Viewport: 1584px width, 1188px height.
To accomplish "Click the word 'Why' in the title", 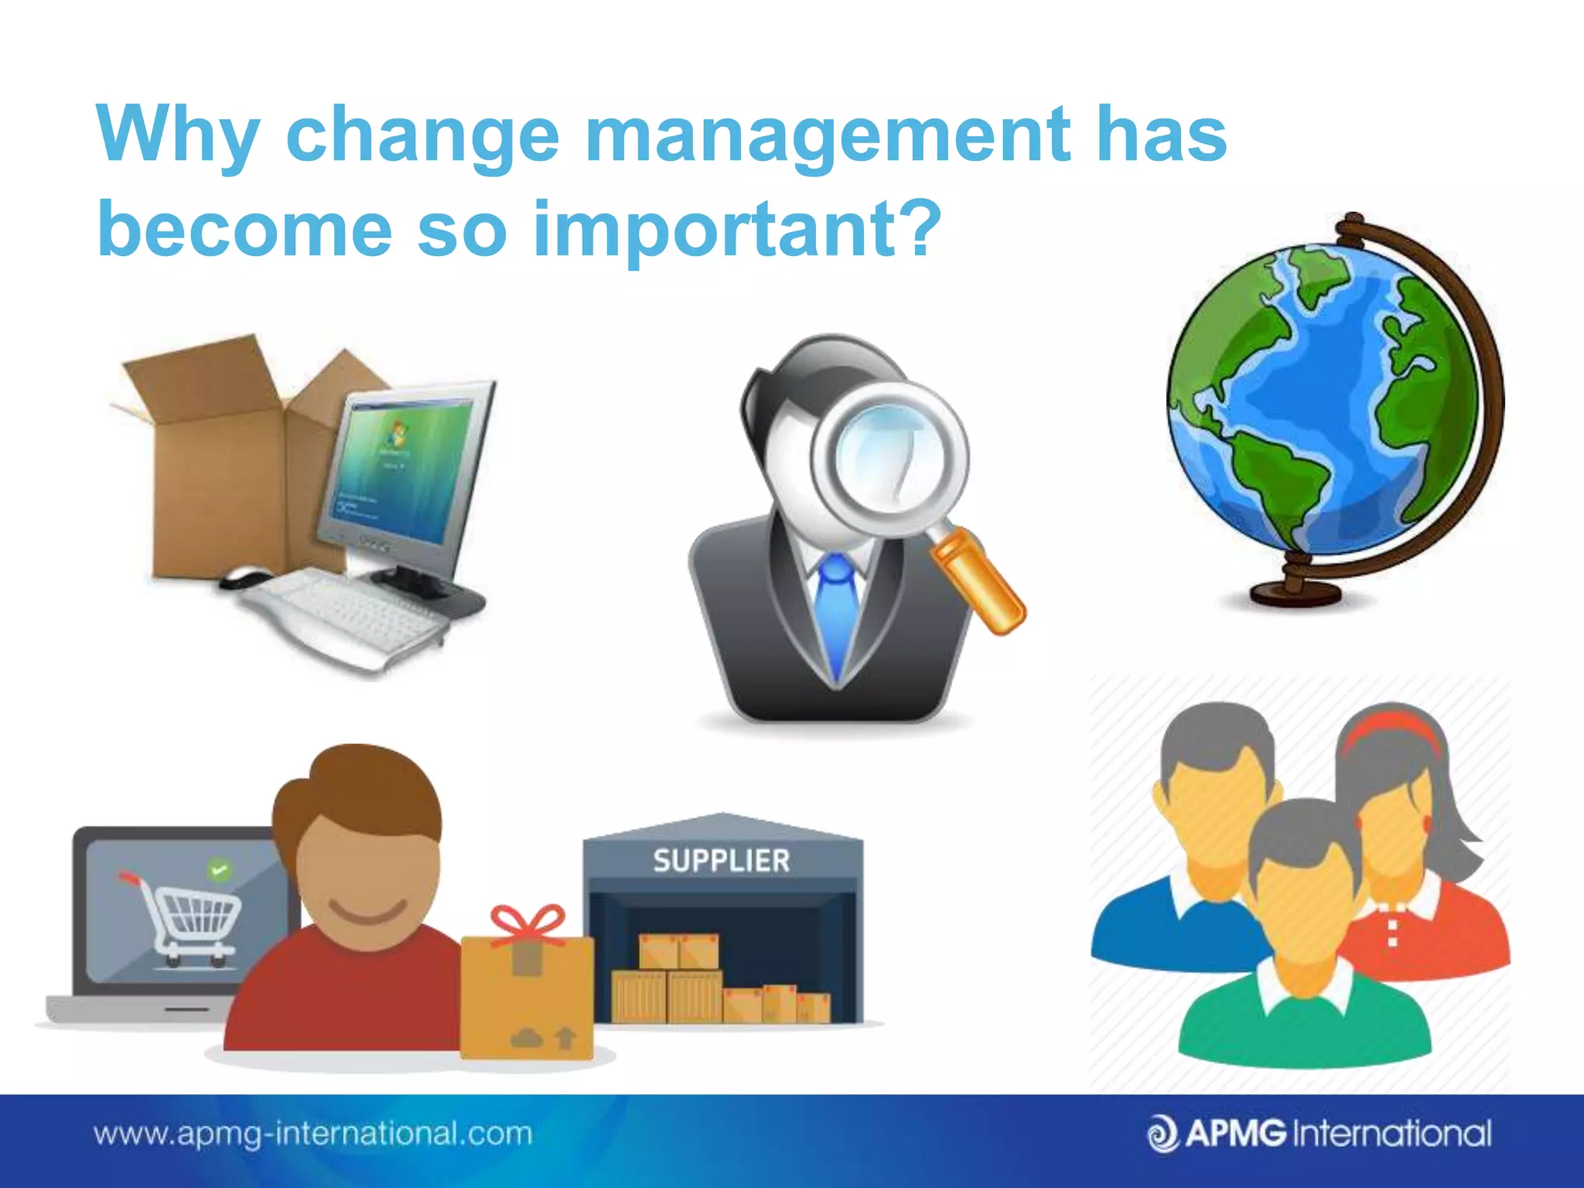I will click(177, 135).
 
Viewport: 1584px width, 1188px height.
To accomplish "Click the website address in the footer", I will click(313, 1135).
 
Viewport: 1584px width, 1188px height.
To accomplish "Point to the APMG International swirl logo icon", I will click(1162, 1135).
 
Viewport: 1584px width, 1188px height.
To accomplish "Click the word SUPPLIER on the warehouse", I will click(721, 861).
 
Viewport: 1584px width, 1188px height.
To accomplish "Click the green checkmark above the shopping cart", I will click(220, 870).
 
